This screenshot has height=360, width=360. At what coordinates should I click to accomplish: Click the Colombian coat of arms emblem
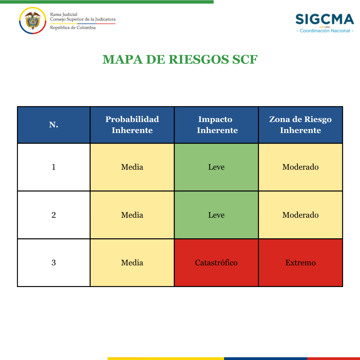pyautogui.click(x=33, y=20)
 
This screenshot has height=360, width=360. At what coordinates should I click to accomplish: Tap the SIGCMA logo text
pyautogui.click(x=325, y=19)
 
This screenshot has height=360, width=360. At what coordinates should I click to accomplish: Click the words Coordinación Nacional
pyautogui.click(x=325, y=31)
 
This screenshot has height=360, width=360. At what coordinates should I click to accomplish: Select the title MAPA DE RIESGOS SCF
pyautogui.click(x=180, y=59)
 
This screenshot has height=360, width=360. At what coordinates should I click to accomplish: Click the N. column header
pyautogui.click(x=54, y=125)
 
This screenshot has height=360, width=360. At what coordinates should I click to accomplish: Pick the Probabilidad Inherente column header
pyautogui.click(x=132, y=125)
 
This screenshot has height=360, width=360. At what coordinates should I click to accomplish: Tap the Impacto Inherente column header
pyautogui.click(x=216, y=125)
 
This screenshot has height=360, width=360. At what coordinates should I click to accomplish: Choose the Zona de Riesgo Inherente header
pyautogui.click(x=301, y=125)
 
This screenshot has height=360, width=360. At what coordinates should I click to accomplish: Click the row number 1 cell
pyautogui.click(x=54, y=167)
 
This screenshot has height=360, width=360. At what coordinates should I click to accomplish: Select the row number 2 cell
pyautogui.click(x=54, y=215)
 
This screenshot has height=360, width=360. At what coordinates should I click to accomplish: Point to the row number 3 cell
pyautogui.click(x=54, y=263)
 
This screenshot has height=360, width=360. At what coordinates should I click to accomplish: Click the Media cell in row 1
pyautogui.click(x=132, y=167)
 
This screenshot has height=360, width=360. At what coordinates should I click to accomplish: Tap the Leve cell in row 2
pyautogui.click(x=216, y=215)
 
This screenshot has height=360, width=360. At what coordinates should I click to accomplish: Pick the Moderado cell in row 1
pyautogui.click(x=301, y=167)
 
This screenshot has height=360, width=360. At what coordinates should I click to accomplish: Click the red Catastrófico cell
pyautogui.click(x=216, y=263)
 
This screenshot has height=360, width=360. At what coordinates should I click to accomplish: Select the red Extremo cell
pyautogui.click(x=301, y=263)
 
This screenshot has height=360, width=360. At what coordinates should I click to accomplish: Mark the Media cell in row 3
pyautogui.click(x=132, y=263)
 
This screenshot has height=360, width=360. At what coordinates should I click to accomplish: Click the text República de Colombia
pyautogui.click(x=73, y=28)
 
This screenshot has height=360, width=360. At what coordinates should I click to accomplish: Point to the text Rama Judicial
pyautogui.click(x=64, y=14)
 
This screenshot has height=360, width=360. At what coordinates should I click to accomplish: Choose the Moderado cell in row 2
pyautogui.click(x=301, y=215)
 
